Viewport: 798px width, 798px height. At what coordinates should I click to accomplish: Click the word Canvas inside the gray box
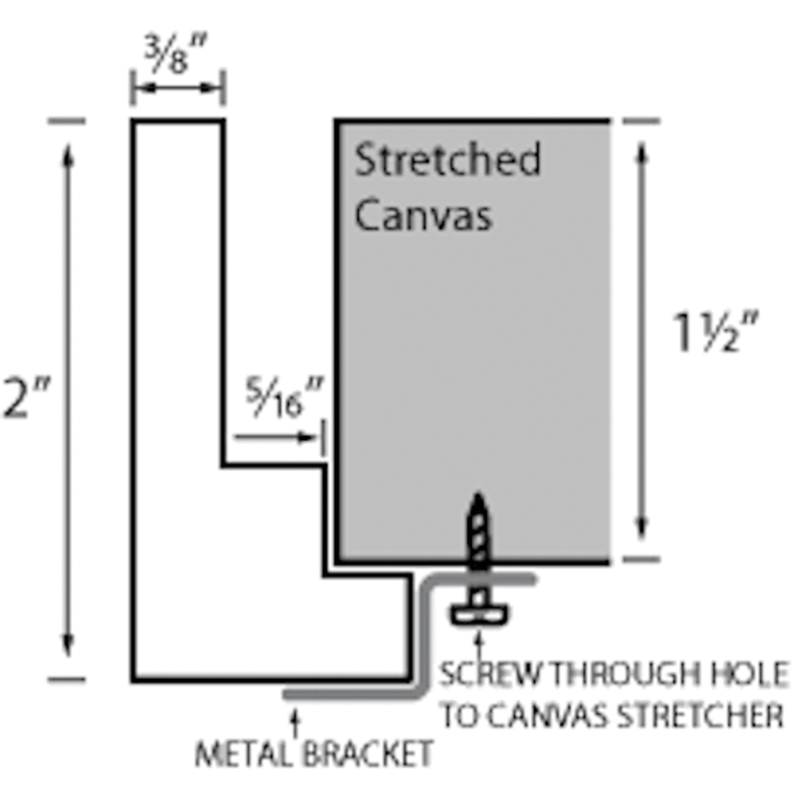point(423,215)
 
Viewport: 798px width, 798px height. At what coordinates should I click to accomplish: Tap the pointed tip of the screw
point(478,498)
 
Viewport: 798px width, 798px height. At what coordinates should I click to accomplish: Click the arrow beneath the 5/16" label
point(275,438)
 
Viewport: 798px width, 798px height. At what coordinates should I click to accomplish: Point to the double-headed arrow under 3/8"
point(178,88)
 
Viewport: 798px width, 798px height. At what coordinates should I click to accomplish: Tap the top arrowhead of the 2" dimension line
point(68,155)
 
